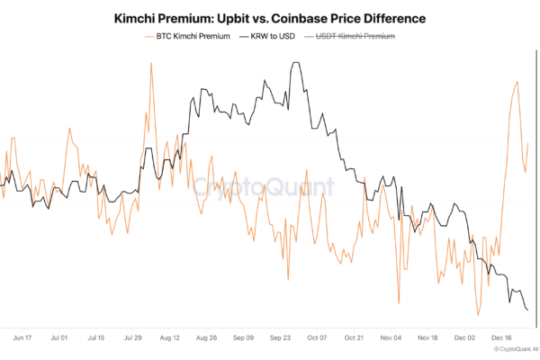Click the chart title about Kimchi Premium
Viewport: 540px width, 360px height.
point(270,17)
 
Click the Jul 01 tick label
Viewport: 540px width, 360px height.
point(59,338)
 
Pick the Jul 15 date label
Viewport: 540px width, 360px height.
point(96,338)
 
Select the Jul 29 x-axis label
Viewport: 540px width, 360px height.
point(133,338)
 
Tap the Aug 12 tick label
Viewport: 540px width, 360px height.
point(170,338)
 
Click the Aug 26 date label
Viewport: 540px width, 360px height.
point(207,338)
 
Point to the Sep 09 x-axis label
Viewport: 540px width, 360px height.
point(244,338)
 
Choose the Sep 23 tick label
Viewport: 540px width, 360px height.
point(281,338)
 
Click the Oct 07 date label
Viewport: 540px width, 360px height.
point(318,338)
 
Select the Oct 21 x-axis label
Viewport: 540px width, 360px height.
point(355,338)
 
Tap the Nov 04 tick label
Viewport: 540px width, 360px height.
point(391,338)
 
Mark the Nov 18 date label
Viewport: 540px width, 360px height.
point(428,338)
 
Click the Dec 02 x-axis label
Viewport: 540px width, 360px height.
point(465,338)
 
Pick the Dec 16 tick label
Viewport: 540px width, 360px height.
point(502,338)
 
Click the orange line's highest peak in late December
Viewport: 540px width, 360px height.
point(517,82)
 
